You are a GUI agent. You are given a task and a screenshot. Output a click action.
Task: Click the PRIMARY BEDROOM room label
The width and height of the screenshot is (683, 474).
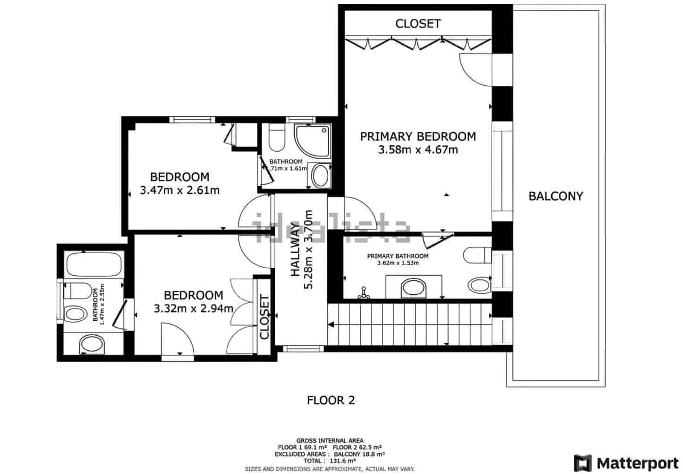pyautogui.click(x=418, y=136)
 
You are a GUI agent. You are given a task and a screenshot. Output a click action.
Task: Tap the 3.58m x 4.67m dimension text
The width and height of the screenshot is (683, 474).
pyautogui.click(x=418, y=150)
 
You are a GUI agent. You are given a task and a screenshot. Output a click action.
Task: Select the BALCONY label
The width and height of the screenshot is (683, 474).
pyautogui.click(x=555, y=196)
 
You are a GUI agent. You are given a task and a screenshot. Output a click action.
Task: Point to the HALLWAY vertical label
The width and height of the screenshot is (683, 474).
pyautogui.click(x=295, y=250)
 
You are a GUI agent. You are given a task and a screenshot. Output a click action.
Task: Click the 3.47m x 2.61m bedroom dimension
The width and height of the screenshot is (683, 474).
pyautogui.click(x=180, y=190)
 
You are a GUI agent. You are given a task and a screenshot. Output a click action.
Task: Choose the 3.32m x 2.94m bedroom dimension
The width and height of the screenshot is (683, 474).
pyautogui.click(x=193, y=308)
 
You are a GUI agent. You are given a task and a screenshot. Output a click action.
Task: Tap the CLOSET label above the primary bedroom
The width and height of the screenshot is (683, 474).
pyautogui.click(x=418, y=23)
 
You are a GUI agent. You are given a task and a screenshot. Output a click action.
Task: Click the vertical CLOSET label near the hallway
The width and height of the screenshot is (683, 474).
pyautogui.click(x=264, y=317)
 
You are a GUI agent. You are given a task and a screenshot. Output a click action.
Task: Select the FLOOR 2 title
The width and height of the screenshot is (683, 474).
pyautogui.click(x=331, y=400)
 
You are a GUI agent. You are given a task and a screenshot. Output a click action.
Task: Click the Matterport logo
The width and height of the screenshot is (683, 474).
pyautogui.click(x=626, y=463)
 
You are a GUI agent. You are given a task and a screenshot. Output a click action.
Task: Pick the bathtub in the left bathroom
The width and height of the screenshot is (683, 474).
pyautogui.click(x=94, y=264)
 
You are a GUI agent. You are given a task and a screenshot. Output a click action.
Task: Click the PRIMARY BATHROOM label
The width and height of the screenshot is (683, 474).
pyautogui.click(x=398, y=256)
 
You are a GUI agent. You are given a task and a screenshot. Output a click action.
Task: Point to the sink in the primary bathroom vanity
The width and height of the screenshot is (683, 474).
pyautogui.click(x=413, y=287)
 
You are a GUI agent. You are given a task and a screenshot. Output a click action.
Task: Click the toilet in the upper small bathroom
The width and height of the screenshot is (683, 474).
pyautogui.click(x=277, y=138)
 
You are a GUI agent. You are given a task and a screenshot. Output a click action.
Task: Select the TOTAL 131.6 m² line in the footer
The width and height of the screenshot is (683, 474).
pyautogui.click(x=330, y=460)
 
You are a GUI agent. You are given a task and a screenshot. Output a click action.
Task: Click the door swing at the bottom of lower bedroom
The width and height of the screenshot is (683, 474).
pyautogui.click(x=177, y=340)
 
